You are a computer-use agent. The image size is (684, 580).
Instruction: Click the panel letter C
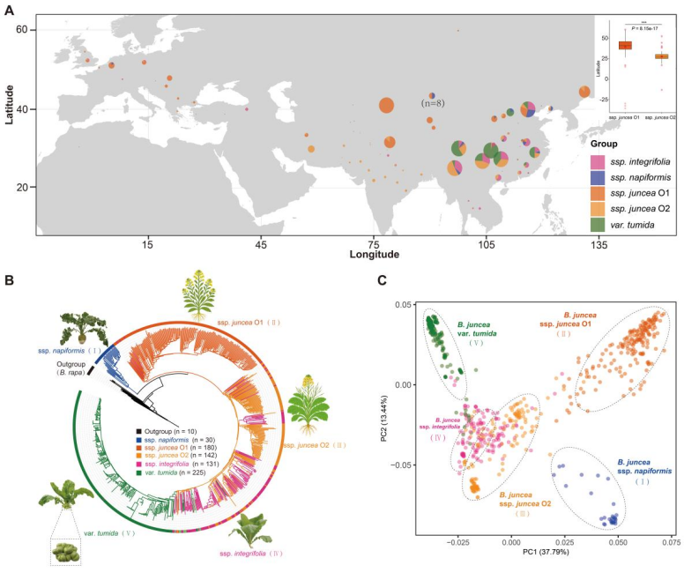tap(382, 280)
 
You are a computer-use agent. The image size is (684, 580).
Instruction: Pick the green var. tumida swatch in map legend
tap(597, 227)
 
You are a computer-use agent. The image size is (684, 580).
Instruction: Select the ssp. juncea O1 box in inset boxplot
tap(625, 45)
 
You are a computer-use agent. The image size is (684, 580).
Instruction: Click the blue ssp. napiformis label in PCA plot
tap(648, 468)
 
